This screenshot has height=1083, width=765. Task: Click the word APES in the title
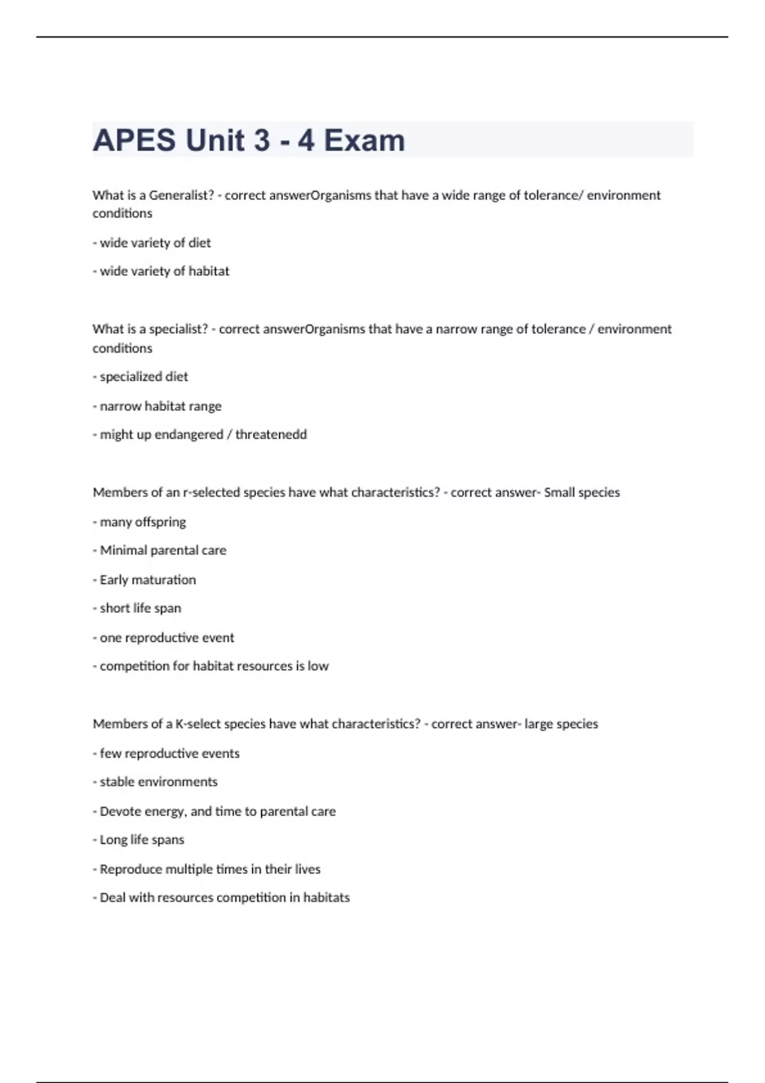pos(134,140)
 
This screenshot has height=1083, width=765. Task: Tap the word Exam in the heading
pos(364,140)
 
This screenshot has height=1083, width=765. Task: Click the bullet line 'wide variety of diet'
pos(152,243)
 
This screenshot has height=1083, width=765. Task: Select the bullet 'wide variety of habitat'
pos(161,271)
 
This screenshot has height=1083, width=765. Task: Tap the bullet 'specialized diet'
pos(140,377)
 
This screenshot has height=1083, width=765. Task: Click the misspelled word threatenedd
pos(271,434)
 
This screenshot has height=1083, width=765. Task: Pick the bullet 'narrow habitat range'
pos(157,406)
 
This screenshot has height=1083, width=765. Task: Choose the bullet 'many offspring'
pos(140,522)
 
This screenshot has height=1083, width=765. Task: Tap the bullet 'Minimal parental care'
pos(159,550)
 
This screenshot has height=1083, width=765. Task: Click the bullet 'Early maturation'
pos(145,580)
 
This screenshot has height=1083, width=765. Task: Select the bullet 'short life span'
pos(137,608)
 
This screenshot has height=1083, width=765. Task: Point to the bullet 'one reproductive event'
pos(164,638)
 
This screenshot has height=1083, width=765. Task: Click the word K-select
pos(198,724)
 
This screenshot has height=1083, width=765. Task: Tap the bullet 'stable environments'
pos(156,782)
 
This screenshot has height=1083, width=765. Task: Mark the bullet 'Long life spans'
pos(138,840)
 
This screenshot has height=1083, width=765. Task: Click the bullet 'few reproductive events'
pos(166,753)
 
